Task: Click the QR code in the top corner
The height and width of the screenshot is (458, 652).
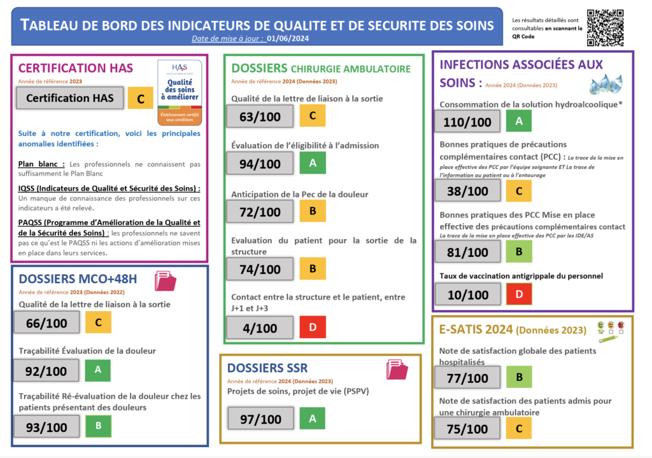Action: (604, 27)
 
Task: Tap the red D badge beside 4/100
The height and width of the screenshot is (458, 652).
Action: (313, 327)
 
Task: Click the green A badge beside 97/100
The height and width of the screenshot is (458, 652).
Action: (312, 419)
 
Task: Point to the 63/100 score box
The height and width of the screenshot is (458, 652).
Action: (260, 116)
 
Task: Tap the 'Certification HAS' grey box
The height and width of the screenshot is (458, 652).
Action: (69, 98)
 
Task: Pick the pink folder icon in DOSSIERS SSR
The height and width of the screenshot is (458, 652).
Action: (397, 370)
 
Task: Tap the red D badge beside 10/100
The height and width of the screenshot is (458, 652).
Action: (518, 293)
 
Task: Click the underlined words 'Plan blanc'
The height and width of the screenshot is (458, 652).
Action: (41, 163)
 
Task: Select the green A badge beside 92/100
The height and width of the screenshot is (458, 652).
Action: (97, 370)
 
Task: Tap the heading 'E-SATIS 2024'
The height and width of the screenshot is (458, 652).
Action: (476, 329)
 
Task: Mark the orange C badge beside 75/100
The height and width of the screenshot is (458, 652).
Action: (518, 429)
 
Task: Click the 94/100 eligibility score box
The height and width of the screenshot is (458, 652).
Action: (260, 163)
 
